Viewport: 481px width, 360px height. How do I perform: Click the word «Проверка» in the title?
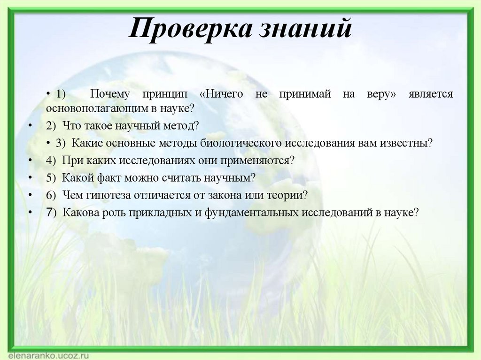(187, 30)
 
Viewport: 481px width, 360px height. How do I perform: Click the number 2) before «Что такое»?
(51, 126)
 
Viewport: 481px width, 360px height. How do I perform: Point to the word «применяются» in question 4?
(261, 161)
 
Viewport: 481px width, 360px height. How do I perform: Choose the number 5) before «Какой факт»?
(51, 178)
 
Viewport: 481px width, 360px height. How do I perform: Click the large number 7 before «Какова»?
(49, 212)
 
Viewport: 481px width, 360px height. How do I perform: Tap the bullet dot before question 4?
(30, 161)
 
